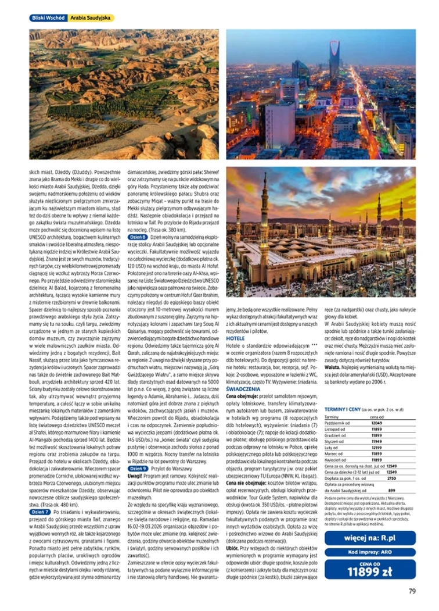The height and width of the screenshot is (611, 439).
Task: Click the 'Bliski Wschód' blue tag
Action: (x=48, y=18)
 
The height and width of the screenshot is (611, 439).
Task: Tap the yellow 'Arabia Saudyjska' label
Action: (x=91, y=18)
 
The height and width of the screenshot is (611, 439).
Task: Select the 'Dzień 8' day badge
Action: (x=138, y=237)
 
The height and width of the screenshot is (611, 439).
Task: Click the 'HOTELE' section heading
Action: (x=235, y=338)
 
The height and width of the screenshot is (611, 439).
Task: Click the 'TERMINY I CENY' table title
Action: (x=343, y=410)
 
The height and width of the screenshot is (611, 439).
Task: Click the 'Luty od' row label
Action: (x=332, y=447)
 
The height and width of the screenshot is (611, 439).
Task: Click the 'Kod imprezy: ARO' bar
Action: (x=369, y=552)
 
